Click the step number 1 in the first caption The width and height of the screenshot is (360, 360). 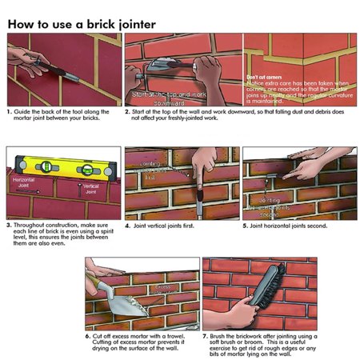point(10,112)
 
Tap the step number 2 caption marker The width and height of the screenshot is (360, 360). point(127,112)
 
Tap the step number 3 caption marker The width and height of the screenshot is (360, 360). point(10,227)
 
